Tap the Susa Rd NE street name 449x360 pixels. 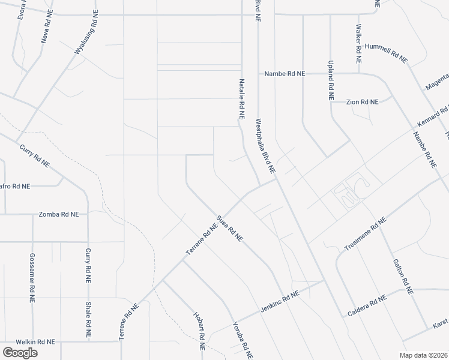[229, 228]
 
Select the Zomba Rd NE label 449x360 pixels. [58, 214]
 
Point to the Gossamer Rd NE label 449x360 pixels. [32, 277]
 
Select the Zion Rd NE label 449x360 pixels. [363, 102]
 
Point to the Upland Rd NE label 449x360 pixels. [331, 80]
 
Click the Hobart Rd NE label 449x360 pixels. [199, 331]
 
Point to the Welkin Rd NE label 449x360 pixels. [35, 341]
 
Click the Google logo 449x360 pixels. [20, 352]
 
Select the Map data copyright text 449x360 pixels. [424, 355]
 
